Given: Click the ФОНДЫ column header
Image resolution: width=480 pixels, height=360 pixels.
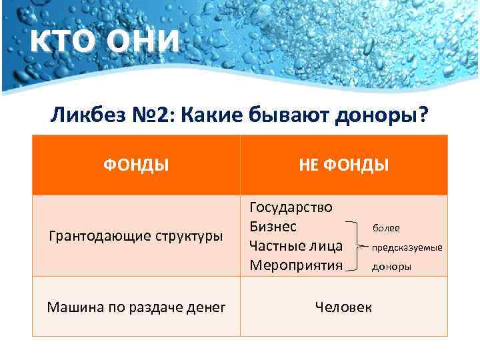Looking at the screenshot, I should [x=135, y=165].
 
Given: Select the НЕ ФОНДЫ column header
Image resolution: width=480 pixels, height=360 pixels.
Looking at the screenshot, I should [x=344, y=165].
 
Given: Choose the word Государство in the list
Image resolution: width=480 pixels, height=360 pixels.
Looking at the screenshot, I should [x=291, y=207].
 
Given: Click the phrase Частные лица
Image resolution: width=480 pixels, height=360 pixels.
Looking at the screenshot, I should [x=296, y=246].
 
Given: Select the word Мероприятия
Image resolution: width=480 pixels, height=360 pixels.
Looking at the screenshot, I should [x=296, y=265].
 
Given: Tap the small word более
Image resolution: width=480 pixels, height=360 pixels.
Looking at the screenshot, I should [x=386, y=228].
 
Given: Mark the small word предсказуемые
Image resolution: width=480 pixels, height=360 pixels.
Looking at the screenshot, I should [x=407, y=247].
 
